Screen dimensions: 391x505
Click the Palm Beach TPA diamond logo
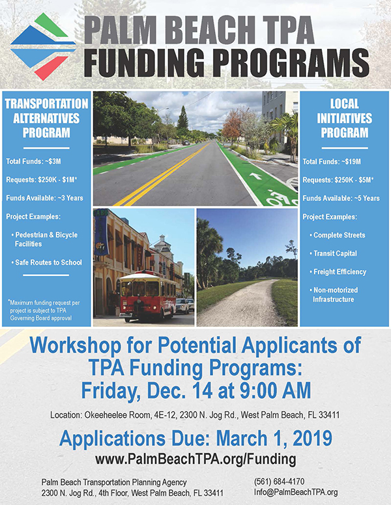tap(43, 47)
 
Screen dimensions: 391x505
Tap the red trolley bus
tap(147, 297)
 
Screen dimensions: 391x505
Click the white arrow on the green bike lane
tap(257, 176)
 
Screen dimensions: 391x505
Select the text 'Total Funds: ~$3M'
tap(33, 161)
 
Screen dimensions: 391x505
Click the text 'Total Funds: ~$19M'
tap(332, 161)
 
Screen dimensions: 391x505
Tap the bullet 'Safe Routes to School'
tap(46, 262)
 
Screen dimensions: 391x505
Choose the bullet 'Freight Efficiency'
tap(338, 272)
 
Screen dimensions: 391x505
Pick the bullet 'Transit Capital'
tap(333, 253)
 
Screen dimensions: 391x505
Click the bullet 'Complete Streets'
tap(337, 235)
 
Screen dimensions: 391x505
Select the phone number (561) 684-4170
tap(279, 482)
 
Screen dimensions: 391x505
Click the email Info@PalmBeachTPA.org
tap(296, 492)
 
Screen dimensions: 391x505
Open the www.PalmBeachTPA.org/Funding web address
tap(195, 459)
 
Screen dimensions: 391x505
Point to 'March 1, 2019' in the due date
tap(274, 439)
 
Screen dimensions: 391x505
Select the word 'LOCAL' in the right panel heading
tap(344, 103)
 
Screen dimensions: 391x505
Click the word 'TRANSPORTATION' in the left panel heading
tap(46, 103)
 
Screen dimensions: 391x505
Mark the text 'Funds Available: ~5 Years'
tap(341, 198)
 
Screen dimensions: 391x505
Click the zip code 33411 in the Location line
tap(329, 415)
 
